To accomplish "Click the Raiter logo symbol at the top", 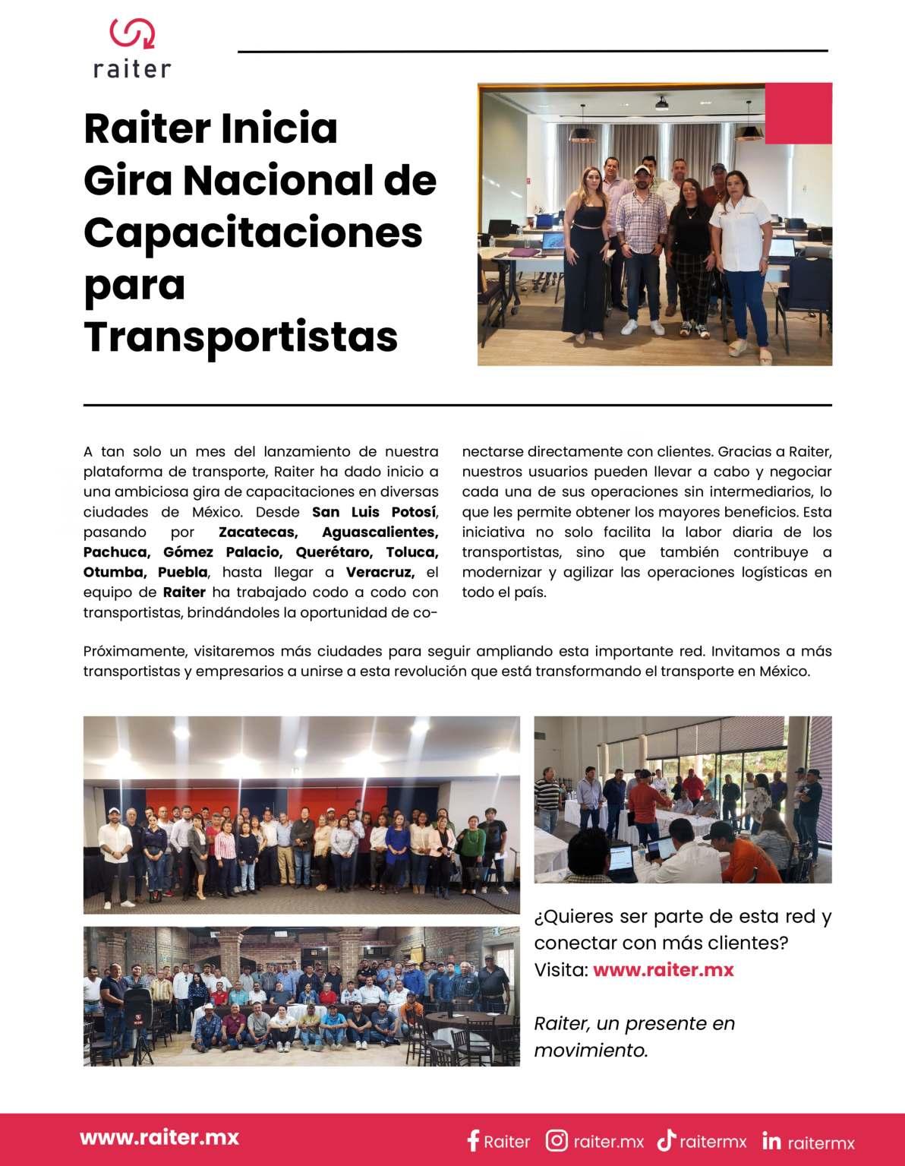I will [x=133, y=33].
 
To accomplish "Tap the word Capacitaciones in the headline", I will [x=253, y=232].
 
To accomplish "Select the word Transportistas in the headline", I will [x=241, y=337].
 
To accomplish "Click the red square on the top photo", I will [x=798, y=113].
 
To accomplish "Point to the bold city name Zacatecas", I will [x=257, y=532].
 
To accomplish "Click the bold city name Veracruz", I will [x=380, y=572].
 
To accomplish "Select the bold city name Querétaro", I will [x=334, y=552].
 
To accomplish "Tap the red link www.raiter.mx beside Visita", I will [x=663, y=970].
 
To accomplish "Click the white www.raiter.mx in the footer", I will [x=159, y=1137].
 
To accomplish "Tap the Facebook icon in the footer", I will [x=473, y=1141].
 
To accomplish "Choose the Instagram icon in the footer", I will [x=557, y=1141].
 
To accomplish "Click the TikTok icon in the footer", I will [x=666, y=1141].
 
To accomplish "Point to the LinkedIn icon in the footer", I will [x=771, y=1141].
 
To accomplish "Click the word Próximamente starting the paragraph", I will [x=134, y=652].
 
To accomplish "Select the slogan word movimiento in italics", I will [x=591, y=1051].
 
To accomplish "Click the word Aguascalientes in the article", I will [x=380, y=532].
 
